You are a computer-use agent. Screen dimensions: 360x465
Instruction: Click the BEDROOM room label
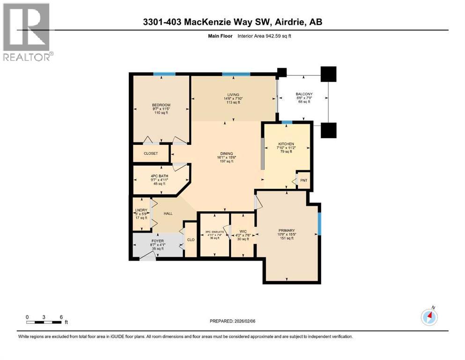(161, 105)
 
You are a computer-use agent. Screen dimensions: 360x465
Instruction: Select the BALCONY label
(304, 94)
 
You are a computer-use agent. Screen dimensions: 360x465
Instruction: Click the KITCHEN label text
(286, 144)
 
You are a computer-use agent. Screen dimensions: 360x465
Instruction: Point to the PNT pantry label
(304, 180)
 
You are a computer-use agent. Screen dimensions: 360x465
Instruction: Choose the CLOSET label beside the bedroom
(151, 153)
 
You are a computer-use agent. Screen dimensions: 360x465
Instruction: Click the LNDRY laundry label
(141, 210)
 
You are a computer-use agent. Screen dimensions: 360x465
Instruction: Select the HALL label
(168, 214)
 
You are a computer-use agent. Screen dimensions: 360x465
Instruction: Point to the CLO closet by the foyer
(191, 240)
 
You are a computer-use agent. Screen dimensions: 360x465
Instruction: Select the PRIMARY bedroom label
(286, 230)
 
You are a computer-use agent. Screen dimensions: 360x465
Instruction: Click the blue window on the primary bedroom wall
(319, 224)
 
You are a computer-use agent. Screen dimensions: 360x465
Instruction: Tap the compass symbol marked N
(429, 317)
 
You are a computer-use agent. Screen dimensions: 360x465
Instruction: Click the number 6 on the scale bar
(61, 317)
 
